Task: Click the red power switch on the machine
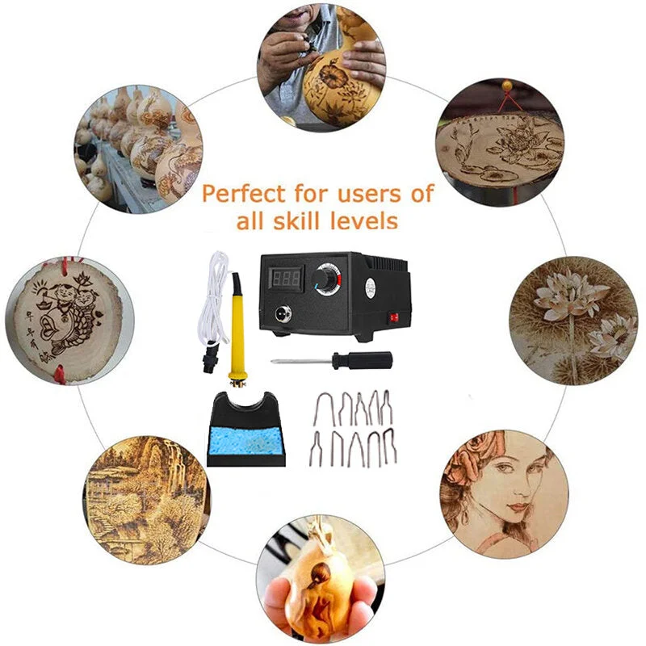click(394, 317)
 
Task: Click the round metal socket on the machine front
click(283, 313)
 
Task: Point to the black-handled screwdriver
click(331, 361)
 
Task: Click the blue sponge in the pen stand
click(245, 441)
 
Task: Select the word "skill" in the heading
click(300, 220)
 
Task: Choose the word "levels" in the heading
click(364, 220)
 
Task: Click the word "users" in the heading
click(369, 194)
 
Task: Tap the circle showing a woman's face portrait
click(504, 494)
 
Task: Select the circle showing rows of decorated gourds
click(138, 149)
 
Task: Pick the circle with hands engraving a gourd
click(321, 66)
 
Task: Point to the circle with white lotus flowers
click(573, 320)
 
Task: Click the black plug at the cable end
click(209, 358)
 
